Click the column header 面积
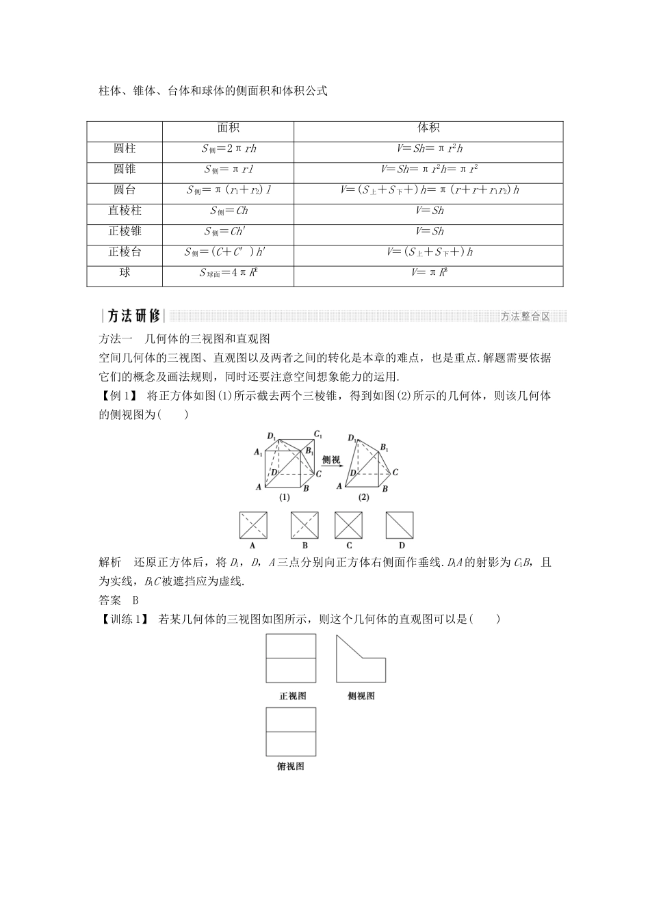228,128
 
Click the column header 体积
428,128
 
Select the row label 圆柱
125,148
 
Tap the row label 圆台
125,189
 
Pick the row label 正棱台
125,252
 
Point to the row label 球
125,272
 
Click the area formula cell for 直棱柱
228,211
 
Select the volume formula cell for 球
428,273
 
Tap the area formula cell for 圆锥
228,169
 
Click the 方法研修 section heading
134,316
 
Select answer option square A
253,525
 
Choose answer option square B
304,525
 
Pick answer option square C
348,525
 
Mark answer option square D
400,525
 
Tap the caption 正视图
292,696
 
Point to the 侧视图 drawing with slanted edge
361,658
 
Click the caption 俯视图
291,766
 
